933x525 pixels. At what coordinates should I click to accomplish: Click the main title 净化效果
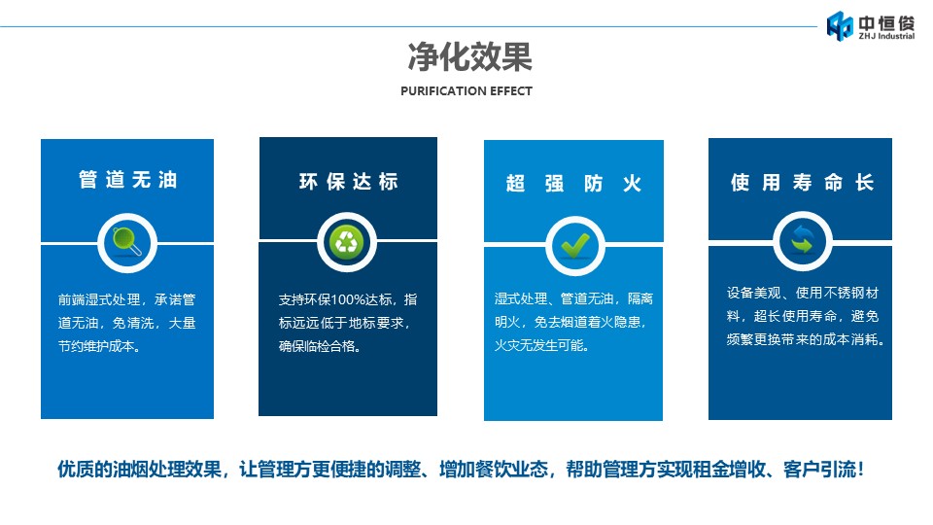469,57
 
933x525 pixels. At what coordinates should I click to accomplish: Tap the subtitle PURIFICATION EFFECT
466,91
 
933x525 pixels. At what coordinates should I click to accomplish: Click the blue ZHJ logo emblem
840,26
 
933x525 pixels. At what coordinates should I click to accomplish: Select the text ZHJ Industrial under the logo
886,36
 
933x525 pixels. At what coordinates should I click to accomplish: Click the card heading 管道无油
128,179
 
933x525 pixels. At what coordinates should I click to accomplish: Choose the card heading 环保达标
349,181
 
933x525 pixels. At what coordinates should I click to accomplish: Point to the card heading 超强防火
573,184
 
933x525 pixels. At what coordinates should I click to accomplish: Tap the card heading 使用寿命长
802,182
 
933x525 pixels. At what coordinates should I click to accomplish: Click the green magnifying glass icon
127,242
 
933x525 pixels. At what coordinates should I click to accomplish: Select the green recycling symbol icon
347,242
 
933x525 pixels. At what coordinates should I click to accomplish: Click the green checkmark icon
575,245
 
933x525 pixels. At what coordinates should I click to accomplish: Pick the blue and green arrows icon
802,240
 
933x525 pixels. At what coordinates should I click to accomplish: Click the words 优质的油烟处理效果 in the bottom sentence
139,469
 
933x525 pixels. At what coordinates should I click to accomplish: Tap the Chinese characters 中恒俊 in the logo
886,22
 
